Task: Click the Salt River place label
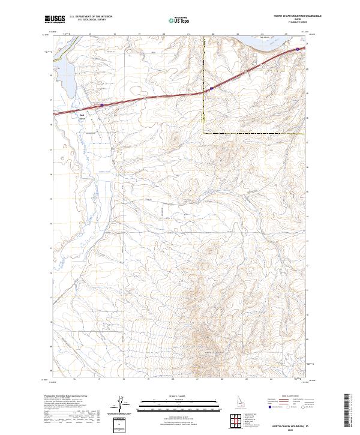click(x=82, y=116)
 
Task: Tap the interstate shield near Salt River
click(x=102, y=105)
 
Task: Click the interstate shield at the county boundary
click(x=211, y=88)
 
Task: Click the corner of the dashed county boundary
click(x=203, y=133)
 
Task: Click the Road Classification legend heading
click(x=289, y=397)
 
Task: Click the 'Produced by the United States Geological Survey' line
click(x=66, y=396)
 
